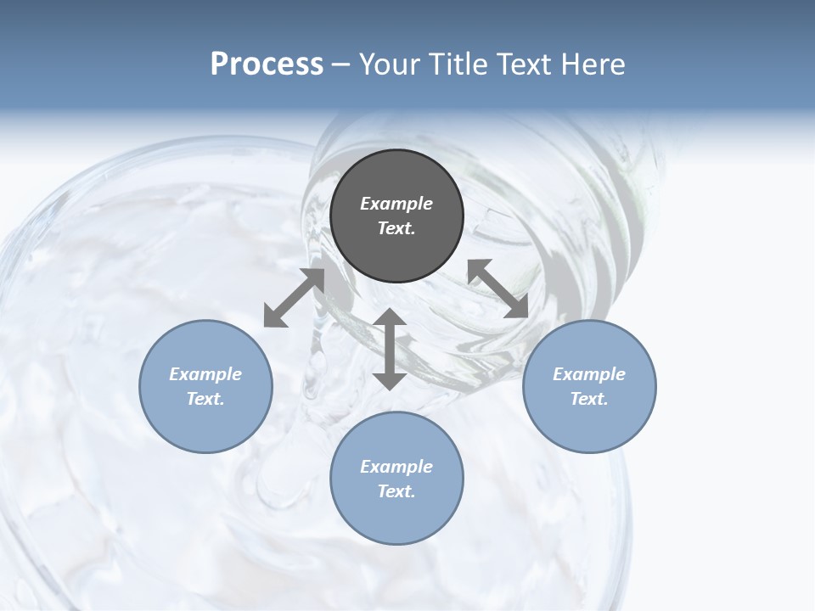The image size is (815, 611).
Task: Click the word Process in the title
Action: [x=267, y=64]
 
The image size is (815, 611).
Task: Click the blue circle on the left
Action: [x=205, y=386]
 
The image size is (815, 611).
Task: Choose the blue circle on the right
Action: [x=588, y=386]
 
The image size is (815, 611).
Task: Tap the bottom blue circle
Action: [x=396, y=479]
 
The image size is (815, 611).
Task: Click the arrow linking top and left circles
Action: [x=295, y=297]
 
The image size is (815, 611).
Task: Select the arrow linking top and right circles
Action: [x=498, y=289]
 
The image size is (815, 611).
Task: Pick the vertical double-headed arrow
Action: [x=390, y=349]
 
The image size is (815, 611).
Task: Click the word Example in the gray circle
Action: [x=396, y=204]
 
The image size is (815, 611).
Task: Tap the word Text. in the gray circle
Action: [x=396, y=228]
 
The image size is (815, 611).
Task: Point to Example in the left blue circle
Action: [x=205, y=374]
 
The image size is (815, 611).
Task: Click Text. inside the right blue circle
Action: [x=588, y=399]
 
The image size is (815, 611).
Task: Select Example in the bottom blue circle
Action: [x=396, y=467]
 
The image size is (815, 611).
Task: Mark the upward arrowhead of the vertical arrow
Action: [x=390, y=318]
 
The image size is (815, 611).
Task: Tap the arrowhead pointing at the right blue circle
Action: [x=519, y=308]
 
